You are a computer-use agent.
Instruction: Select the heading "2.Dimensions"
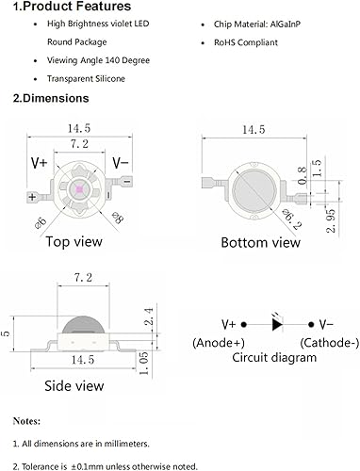51,98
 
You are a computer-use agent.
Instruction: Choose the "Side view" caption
74,386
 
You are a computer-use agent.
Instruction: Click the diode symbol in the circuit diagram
278,323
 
